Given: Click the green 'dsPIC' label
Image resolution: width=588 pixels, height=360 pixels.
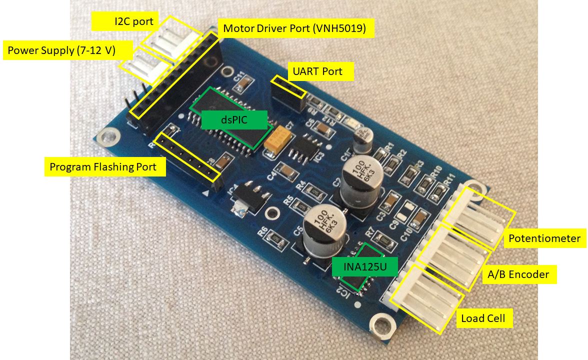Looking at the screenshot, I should pos(233,119).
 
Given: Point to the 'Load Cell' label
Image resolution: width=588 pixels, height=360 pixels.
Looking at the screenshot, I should pos(483,318).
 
